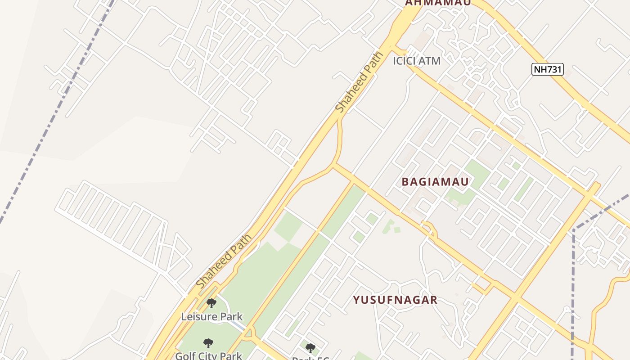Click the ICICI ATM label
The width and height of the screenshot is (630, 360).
click(416, 61)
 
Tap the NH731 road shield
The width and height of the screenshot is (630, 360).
click(547, 69)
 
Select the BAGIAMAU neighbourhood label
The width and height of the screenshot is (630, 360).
click(435, 182)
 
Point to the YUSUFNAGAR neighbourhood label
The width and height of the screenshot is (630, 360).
click(395, 300)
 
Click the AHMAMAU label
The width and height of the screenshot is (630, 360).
click(438, 3)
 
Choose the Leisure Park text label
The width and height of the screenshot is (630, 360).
click(212, 316)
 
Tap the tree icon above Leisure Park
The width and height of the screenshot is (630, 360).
click(211, 303)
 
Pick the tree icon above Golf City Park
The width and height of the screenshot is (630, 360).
click(208, 343)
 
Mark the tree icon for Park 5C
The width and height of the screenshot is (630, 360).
click(310, 348)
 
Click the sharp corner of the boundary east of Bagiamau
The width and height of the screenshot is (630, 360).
click(574, 230)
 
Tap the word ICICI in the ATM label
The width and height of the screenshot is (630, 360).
click(405, 61)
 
